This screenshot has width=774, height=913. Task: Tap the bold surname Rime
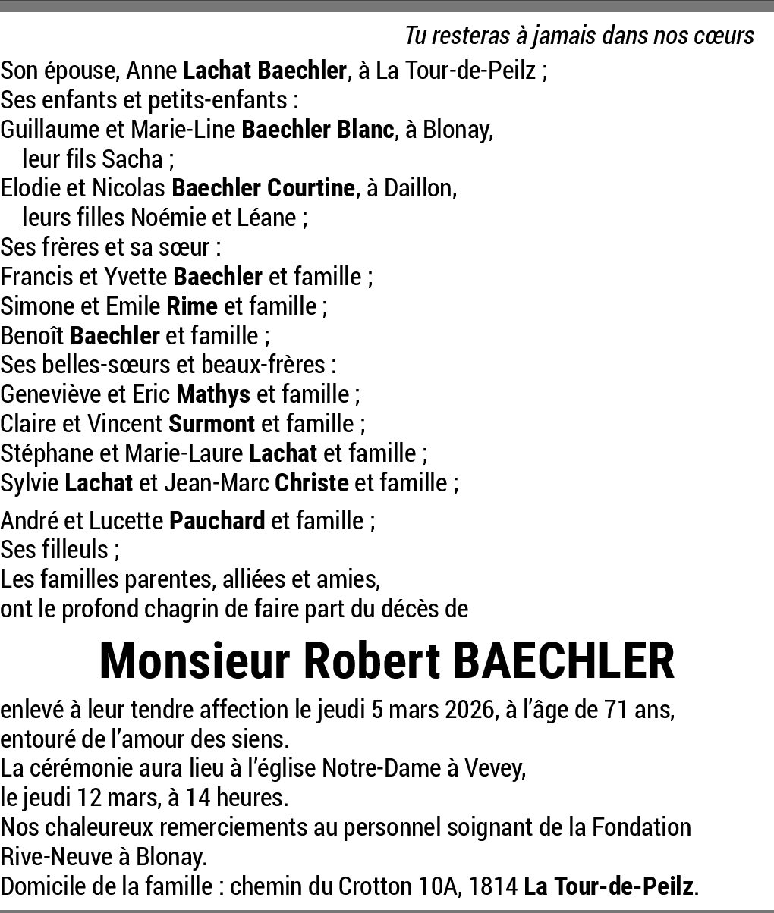(192, 306)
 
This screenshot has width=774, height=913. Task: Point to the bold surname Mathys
(212, 394)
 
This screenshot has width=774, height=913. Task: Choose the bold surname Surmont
(212, 424)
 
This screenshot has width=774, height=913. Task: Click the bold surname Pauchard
(217, 521)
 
